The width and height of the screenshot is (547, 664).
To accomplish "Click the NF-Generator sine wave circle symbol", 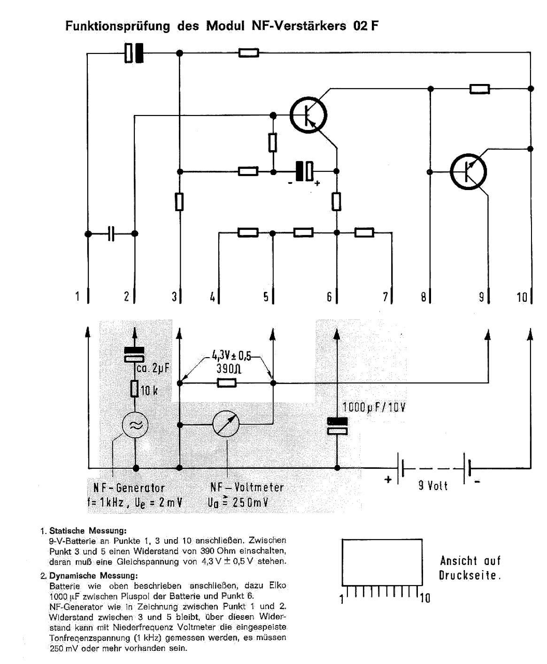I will click(x=135, y=426).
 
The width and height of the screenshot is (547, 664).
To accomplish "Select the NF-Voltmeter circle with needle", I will click(x=226, y=424).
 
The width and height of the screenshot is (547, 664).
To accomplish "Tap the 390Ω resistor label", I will click(x=229, y=369).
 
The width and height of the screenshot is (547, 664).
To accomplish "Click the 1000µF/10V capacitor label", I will click(x=373, y=407).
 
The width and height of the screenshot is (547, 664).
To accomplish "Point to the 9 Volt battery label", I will click(x=433, y=486).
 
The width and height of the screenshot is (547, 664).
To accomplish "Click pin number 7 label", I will click(x=385, y=297).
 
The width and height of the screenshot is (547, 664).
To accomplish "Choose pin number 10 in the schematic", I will click(x=522, y=297).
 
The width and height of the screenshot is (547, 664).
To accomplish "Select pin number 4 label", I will click(x=212, y=297).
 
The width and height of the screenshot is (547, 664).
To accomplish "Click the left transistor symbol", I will click(x=308, y=114).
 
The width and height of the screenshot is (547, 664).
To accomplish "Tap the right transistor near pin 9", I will click(x=468, y=172).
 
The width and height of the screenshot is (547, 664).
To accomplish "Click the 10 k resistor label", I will click(x=149, y=390).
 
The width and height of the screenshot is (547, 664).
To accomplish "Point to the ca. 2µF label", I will click(x=153, y=368).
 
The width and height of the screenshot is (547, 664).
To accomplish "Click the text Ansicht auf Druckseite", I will click(x=470, y=568).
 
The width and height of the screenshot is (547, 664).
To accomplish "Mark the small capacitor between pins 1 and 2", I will click(x=111, y=233).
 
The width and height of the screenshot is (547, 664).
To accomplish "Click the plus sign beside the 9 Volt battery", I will click(x=388, y=480).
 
